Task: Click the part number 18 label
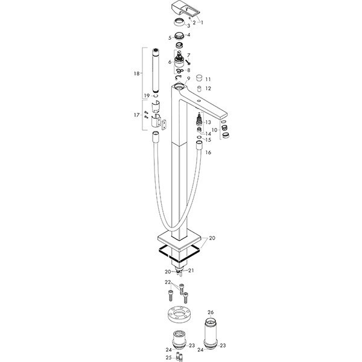[137, 74]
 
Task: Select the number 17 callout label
[137, 115]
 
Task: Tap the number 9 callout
[189, 78]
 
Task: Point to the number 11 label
[208, 80]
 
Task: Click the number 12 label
[208, 89]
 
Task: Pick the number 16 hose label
[208, 153]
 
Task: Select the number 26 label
[211, 313]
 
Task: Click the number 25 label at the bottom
[169, 358]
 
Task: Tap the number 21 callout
[191, 270]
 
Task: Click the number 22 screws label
[168, 282]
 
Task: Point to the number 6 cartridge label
[170, 62]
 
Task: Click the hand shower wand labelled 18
[156, 71]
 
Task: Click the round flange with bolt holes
[178, 315]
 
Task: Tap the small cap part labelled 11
[198, 78]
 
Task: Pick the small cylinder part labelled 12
[200, 89]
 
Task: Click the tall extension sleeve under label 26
[211, 333]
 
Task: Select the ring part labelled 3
[179, 23]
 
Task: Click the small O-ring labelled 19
[156, 95]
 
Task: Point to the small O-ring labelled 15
[199, 138]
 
